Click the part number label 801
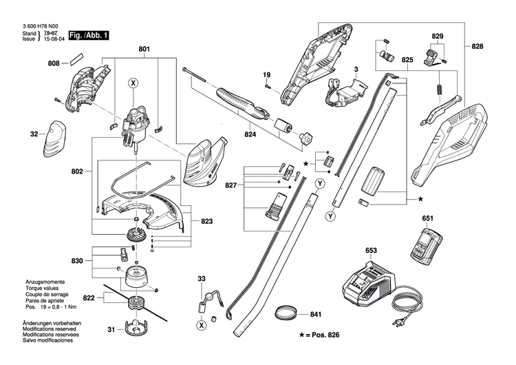pyautogui.click(x=144, y=49)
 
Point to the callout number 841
pyautogui.click(x=315, y=315)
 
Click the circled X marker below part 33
pyautogui.click(x=201, y=324)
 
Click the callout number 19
pyautogui.click(x=266, y=74)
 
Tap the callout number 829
pyautogui.click(x=438, y=36)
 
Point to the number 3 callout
pyautogui.click(x=356, y=70)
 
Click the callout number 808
pyautogui.click(x=54, y=63)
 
